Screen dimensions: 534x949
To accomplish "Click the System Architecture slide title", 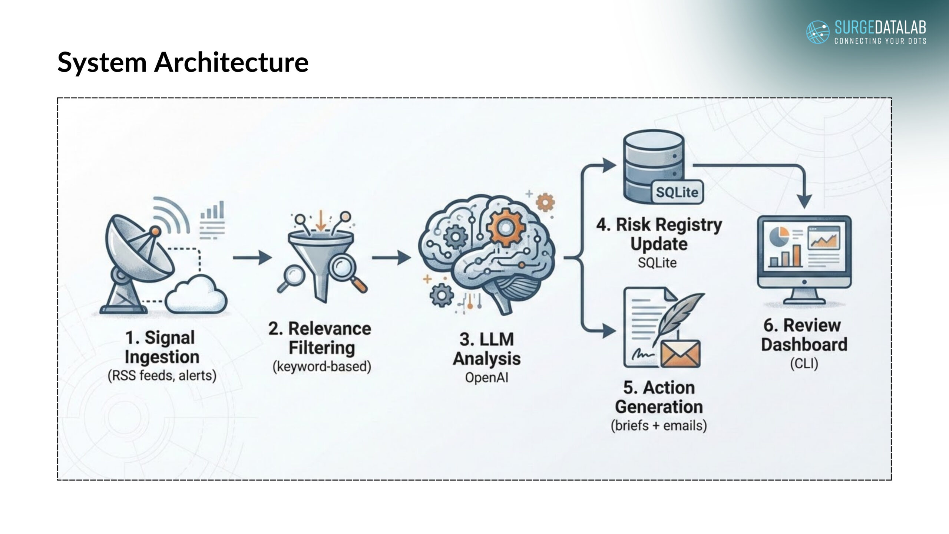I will (x=183, y=62).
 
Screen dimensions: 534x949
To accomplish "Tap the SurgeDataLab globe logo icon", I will (x=818, y=32).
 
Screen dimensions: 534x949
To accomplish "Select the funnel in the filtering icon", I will (x=321, y=260).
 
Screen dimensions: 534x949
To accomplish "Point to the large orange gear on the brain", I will (x=505, y=227).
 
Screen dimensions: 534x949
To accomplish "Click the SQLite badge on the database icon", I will (x=677, y=192).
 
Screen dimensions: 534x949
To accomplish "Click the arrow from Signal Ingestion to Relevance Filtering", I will (x=252, y=257).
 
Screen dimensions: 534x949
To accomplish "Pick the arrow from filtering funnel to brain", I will (x=391, y=257).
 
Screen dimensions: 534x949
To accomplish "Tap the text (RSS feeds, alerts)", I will (x=162, y=376).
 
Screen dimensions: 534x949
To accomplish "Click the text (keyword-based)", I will (x=322, y=366).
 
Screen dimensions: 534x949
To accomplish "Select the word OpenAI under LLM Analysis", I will (x=487, y=378).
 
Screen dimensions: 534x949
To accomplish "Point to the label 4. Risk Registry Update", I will (x=659, y=234).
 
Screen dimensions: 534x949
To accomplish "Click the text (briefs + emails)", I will (x=659, y=425).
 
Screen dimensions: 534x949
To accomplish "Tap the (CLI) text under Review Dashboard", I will (x=804, y=363).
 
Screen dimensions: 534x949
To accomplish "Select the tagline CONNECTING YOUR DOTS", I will (x=880, y=41).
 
